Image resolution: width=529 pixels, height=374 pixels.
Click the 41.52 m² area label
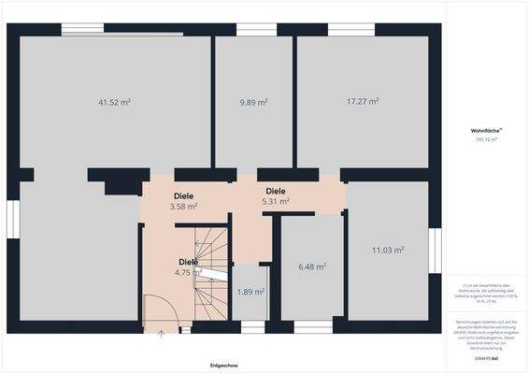(114, 102)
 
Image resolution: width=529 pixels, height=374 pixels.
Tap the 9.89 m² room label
(253, 102)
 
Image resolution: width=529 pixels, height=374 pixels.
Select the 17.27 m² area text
(363, 102)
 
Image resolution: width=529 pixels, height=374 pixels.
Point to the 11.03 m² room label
(387, 250)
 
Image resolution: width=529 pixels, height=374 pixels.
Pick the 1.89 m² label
(250, 291)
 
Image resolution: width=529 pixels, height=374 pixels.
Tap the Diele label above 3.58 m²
(183, 195)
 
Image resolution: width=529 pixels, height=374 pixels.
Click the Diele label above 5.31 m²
(276, 191)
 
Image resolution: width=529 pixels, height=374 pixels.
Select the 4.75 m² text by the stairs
(189, 273)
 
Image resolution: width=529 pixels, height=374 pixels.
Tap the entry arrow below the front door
(161, 332)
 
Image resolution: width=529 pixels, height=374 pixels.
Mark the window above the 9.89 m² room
(250, 29)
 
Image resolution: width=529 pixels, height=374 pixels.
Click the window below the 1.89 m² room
(252, 327)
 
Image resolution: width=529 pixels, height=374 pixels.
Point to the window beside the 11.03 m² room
(435, 250)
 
